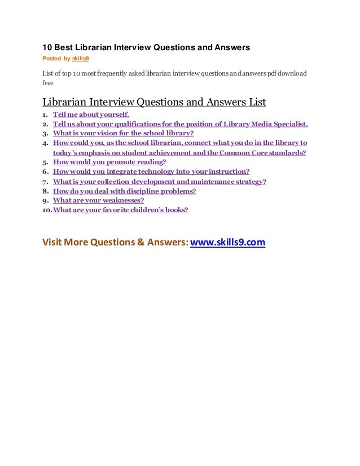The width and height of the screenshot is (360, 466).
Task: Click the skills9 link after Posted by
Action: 80,58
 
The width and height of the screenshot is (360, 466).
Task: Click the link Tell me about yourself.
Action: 91,114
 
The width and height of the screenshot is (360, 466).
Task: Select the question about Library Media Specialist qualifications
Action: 180,124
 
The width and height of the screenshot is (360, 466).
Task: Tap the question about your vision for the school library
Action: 123,133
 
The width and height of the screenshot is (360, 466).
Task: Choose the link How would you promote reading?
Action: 109,162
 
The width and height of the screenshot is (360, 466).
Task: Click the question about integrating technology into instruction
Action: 151,172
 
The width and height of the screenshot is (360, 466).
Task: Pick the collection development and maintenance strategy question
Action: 160,181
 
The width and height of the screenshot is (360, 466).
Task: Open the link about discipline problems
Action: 124,191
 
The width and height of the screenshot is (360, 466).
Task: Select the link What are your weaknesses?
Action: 98,200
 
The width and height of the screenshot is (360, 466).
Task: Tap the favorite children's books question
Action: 120,210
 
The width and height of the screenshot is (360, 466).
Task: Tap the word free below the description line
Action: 48,82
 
